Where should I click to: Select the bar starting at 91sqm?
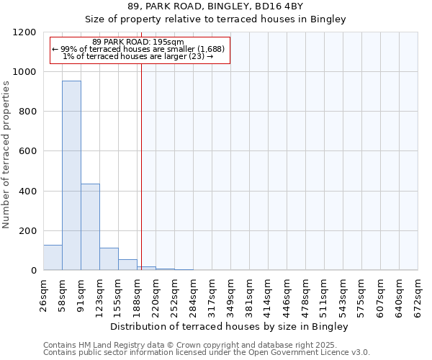(x=90, y=227)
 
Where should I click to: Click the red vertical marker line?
(x=141, y=166)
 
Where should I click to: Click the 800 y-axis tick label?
(x=27, y=112)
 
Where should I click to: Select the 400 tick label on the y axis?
(x=27, y=191)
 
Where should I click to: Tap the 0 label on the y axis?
(x=33, y=271)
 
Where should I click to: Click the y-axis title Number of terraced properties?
(x=6, y=155)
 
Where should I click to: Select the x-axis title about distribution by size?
(x=230, y=326)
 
